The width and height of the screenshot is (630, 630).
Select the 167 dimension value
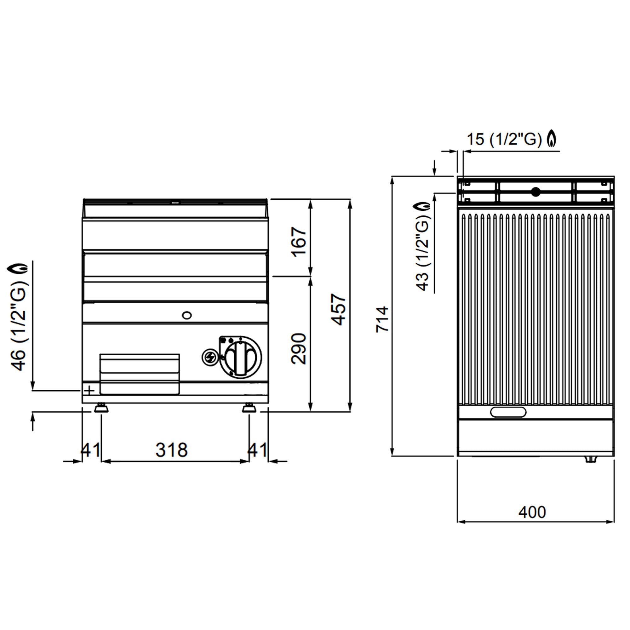coord(299,242)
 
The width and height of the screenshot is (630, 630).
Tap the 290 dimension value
coord(299,348)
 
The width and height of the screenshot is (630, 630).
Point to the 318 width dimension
coord(172,450)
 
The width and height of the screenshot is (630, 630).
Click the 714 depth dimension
coord(382,319)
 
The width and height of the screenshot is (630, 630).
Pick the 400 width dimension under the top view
coord(532,512)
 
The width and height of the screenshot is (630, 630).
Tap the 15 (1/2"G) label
coord(504,139)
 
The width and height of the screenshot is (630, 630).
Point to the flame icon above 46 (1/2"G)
coord(18,268)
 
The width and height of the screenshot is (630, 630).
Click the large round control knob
coord(241,357)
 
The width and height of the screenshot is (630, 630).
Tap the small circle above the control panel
coord(186,315)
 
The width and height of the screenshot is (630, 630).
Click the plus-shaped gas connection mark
coord(89,390)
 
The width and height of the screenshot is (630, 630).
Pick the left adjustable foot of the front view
coord(101,408)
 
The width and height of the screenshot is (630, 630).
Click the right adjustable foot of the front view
coord(249,408)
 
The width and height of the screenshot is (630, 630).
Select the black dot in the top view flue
coord(535,192)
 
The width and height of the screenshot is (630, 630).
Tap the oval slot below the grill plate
coord(508,412)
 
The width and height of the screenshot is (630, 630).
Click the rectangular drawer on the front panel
coord(140,374)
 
